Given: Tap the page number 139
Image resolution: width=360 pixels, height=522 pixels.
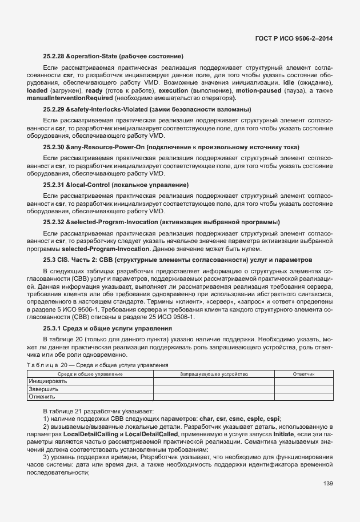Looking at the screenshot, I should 327,484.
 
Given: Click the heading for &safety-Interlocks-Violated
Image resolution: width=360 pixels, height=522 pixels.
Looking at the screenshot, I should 147,109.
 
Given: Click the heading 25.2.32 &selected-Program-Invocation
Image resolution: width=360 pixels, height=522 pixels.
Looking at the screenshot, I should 153,222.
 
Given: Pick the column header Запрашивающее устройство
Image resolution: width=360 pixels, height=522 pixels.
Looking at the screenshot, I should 214,373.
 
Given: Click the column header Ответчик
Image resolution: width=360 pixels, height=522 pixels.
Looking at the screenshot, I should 303,373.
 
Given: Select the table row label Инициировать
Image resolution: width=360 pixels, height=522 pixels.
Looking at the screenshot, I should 48,381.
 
